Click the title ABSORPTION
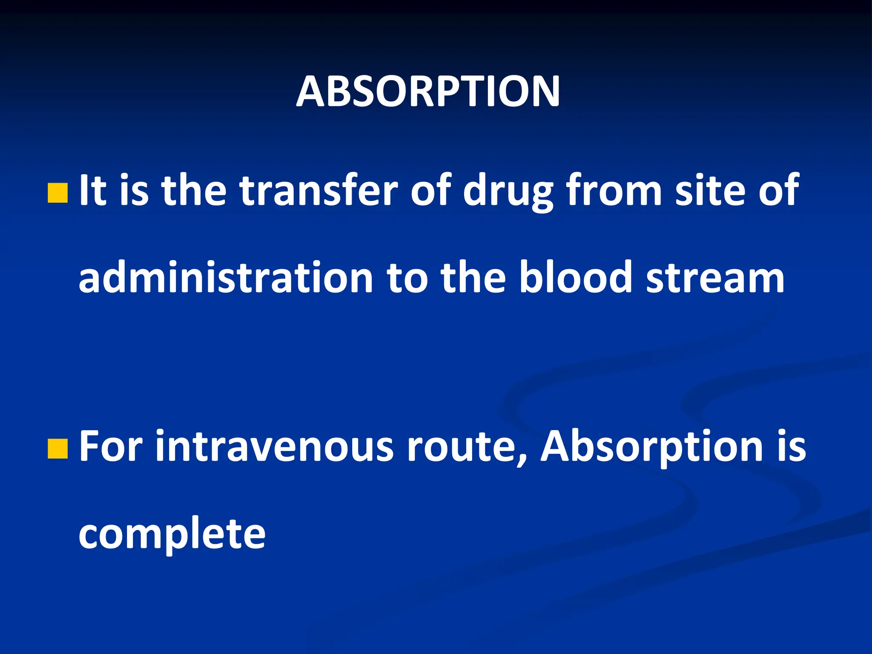click(428, 92)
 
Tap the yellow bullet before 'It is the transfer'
click(58, 193)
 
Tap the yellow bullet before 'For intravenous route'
click(58, 449)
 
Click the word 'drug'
click(508, 192)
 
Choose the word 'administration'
click(226, 278)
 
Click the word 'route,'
click(467, 447)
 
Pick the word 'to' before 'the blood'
click(407, 278)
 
